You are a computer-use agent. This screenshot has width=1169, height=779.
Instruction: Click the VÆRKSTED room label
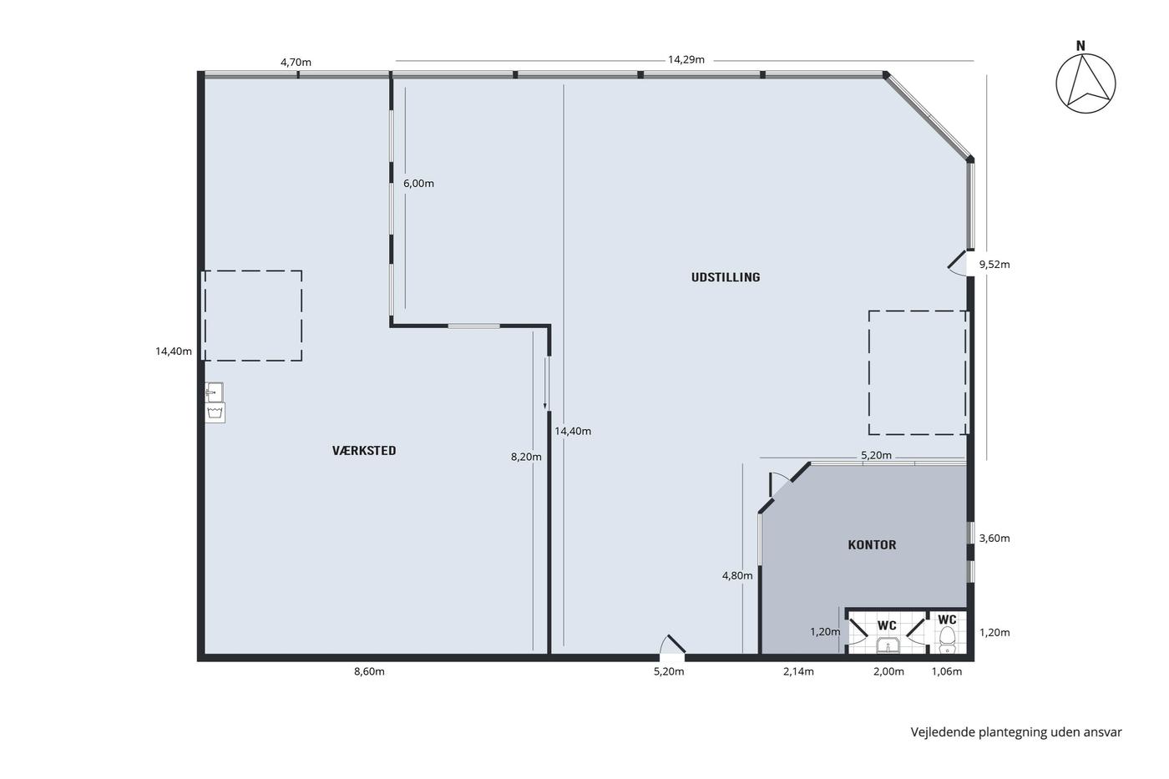click(364, 451)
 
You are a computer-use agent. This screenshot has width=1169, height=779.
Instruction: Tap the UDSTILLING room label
click(726, 277)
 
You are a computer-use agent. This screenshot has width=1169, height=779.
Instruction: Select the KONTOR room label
click(872, 545)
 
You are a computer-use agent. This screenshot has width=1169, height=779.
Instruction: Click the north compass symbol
click(1085, 78)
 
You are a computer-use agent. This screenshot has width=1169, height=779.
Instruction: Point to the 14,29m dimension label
click(686, 59)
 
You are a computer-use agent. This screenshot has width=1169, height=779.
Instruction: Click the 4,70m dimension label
click(296, 62)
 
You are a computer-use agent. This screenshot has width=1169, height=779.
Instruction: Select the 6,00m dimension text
click(418, 183)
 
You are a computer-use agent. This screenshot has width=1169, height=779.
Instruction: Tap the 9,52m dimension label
click(994, 265)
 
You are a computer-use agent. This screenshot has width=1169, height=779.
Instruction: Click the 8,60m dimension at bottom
click(369, 671)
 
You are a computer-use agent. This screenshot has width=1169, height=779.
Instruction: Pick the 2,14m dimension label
click(798, 671)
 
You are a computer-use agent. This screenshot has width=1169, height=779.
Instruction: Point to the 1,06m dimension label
click(947, 671)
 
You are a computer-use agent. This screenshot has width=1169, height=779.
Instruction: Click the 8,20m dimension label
click(526, 457)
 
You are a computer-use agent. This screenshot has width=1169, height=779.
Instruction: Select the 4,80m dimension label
click(736, 575)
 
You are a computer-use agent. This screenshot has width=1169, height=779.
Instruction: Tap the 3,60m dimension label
click(994, 538)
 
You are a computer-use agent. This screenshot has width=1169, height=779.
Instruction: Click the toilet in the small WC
click(947, 640)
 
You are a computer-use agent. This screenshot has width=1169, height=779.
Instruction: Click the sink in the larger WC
click(888, 645)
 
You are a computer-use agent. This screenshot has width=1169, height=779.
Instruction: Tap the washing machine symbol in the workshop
click(215, 412)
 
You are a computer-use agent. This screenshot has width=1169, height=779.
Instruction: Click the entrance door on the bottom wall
click(672, 645)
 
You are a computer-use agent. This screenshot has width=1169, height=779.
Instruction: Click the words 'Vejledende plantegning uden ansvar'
click(1016, 732)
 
